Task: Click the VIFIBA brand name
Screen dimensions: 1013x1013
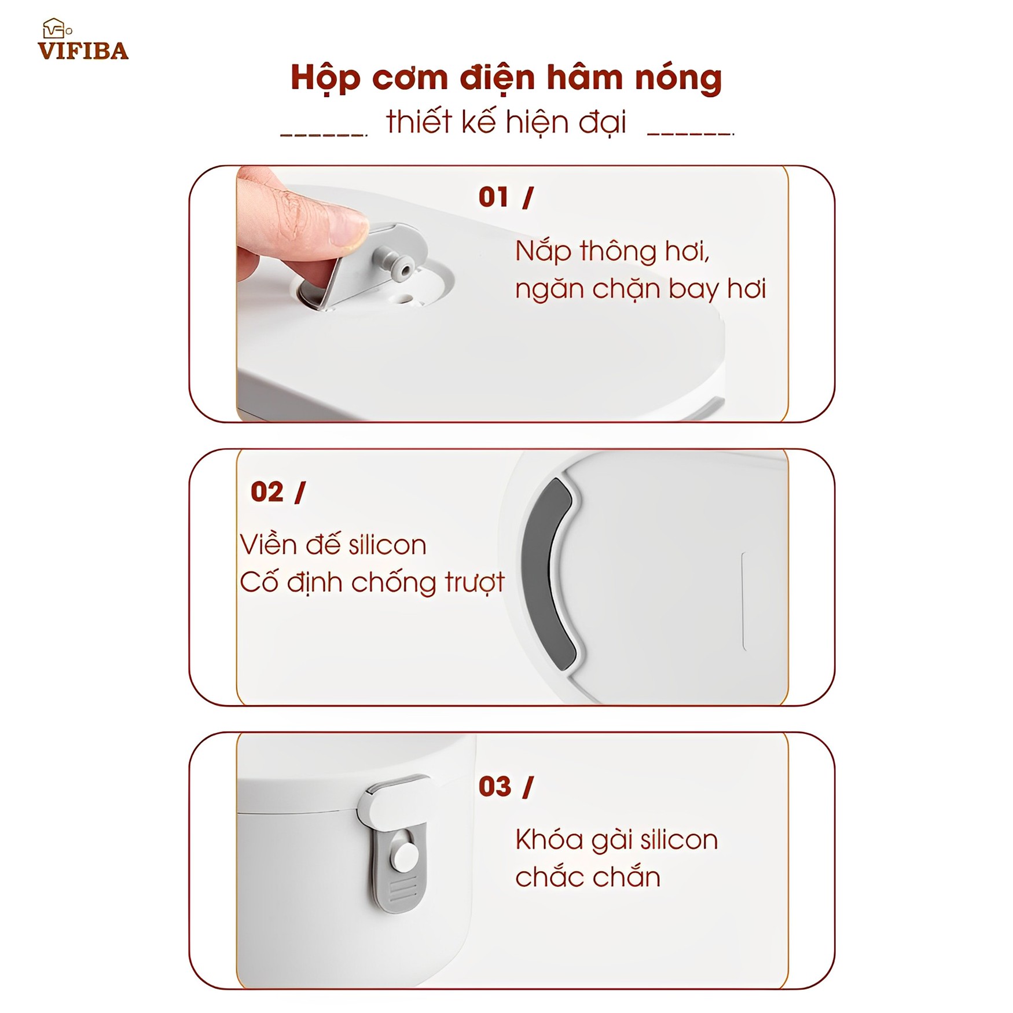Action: coord(83,51)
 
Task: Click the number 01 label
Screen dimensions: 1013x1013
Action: coord(493,197)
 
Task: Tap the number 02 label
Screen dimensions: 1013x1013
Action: coord(267,492)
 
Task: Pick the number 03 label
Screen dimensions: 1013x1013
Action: coord(495,787)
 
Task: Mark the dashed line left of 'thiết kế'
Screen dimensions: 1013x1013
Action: coord(324,135)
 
